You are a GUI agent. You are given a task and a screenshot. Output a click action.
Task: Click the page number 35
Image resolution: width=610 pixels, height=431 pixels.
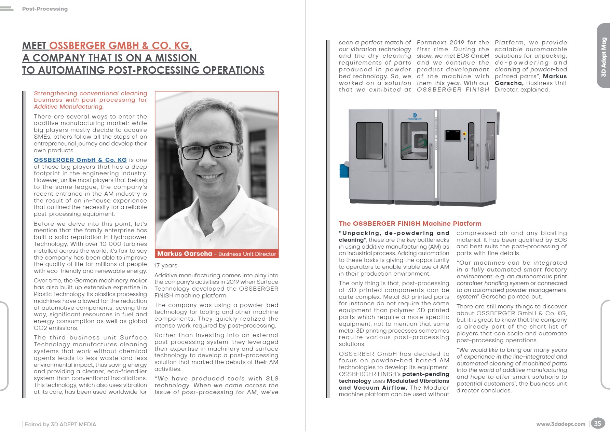pos(597,423)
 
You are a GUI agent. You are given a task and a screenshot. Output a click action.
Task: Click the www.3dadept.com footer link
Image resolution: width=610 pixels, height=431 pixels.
pos(560,424)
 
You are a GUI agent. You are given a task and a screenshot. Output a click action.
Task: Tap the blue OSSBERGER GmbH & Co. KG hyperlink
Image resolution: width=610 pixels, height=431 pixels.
pos(80,160)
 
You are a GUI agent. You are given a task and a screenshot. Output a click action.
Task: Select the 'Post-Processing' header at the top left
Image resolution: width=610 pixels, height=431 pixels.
pos(45,9)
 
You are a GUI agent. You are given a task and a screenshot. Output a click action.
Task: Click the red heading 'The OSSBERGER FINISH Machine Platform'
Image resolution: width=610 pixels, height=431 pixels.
pos(410,224)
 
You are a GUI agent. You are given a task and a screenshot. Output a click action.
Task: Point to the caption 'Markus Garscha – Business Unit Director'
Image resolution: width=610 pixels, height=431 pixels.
pos(217,254)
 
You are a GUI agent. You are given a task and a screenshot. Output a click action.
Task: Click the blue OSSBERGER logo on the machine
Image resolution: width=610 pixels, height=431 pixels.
pos(415,116)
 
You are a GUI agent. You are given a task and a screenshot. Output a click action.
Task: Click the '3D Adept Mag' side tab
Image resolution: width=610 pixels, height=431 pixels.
pos(604,57)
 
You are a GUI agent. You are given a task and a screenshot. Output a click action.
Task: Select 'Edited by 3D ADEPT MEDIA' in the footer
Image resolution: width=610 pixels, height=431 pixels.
pos(60,424)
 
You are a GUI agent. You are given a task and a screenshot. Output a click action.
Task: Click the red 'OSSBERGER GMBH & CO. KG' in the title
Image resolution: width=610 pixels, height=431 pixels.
pos(119,46)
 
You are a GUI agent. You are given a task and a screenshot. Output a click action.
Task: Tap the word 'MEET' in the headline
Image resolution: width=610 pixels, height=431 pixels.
pos(35,46)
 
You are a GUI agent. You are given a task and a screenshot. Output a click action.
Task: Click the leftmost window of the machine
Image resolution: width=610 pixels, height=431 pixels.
pos(369,140)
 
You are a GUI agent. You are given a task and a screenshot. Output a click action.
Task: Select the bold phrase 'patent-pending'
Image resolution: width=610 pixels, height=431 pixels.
pos(425,374)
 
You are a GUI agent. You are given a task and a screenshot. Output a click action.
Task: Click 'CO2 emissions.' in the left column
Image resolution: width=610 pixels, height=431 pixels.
pos(56,328)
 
